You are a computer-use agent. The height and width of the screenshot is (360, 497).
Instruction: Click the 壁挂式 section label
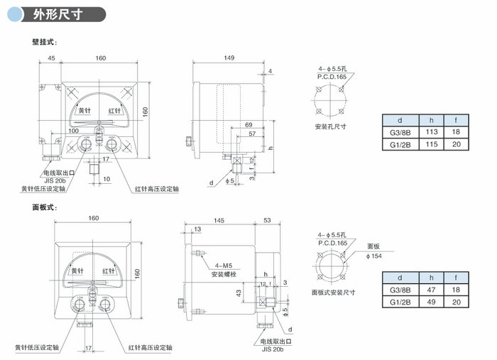click(45, 43)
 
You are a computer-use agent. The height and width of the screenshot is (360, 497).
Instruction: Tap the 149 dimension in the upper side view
click(229, 58)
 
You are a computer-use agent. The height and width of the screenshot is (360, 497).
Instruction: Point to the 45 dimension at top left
click(51, 58)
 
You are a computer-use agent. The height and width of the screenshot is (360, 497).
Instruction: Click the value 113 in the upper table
click(431, 132)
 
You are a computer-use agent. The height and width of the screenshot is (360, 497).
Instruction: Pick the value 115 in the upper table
click(431, 143)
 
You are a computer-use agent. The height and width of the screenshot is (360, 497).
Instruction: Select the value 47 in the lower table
click(431, 290)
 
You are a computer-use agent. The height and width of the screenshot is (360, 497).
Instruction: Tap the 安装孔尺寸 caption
click(330, 127)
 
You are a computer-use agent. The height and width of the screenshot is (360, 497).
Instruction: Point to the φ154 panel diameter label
click(374, 256)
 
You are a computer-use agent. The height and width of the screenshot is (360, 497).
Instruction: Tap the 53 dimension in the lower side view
click(267, 222)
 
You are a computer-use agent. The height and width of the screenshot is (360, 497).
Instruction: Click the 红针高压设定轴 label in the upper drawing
click(158, 190)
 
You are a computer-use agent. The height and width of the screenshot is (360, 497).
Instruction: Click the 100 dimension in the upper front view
click(73, 131)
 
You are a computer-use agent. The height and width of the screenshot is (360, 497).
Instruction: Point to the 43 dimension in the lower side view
click(239, 293)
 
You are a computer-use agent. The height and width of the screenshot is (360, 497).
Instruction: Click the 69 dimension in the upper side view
click(248, 125)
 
